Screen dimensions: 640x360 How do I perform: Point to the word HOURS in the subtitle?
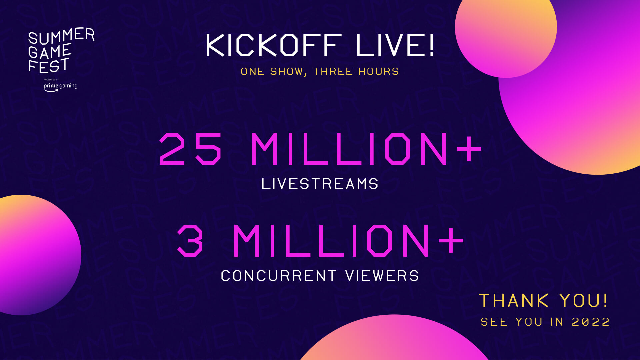point(378,71)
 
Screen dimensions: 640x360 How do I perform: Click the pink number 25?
point(190,149)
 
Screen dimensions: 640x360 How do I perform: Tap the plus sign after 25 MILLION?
point(469,148)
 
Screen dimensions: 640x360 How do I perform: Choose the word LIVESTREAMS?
point(320,184)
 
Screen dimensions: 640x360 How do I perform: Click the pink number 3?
point(190,240)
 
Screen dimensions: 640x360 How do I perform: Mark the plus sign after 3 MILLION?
point(451,240)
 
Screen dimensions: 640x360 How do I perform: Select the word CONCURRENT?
point(279,276)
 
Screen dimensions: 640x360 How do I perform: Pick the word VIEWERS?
point(382,276)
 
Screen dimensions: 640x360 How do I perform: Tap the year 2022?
point(591,322)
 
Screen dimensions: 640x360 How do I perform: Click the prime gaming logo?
point(60,87)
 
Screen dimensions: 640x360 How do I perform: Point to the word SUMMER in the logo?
point(62,36)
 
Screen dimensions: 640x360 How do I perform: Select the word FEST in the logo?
point(49,66)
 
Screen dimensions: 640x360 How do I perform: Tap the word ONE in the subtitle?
point(253,71)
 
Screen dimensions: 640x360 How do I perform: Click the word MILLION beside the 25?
point(349,149)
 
